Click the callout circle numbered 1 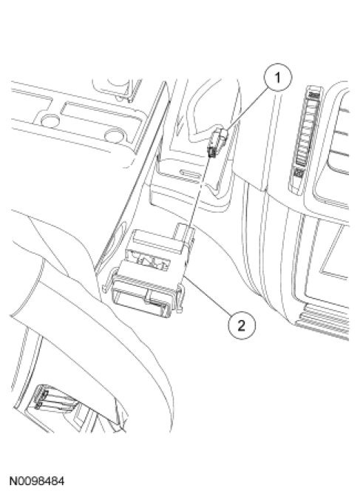tap(278, 78)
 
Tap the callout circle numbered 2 tap(241, 325)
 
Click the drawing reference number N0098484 tap(37, 481)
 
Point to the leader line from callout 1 tap(247, 109)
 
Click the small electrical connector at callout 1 tap(217, 141)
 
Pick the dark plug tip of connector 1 tap(211, 153)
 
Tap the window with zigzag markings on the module tap(148, 260)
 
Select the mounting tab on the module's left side tap(107, 282)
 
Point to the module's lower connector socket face tap(143, 302)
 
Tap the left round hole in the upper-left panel tap(50, 121)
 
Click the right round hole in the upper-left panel tap(115, 136)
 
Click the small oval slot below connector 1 tap(190, 173)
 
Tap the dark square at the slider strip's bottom tap(299, 172)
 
